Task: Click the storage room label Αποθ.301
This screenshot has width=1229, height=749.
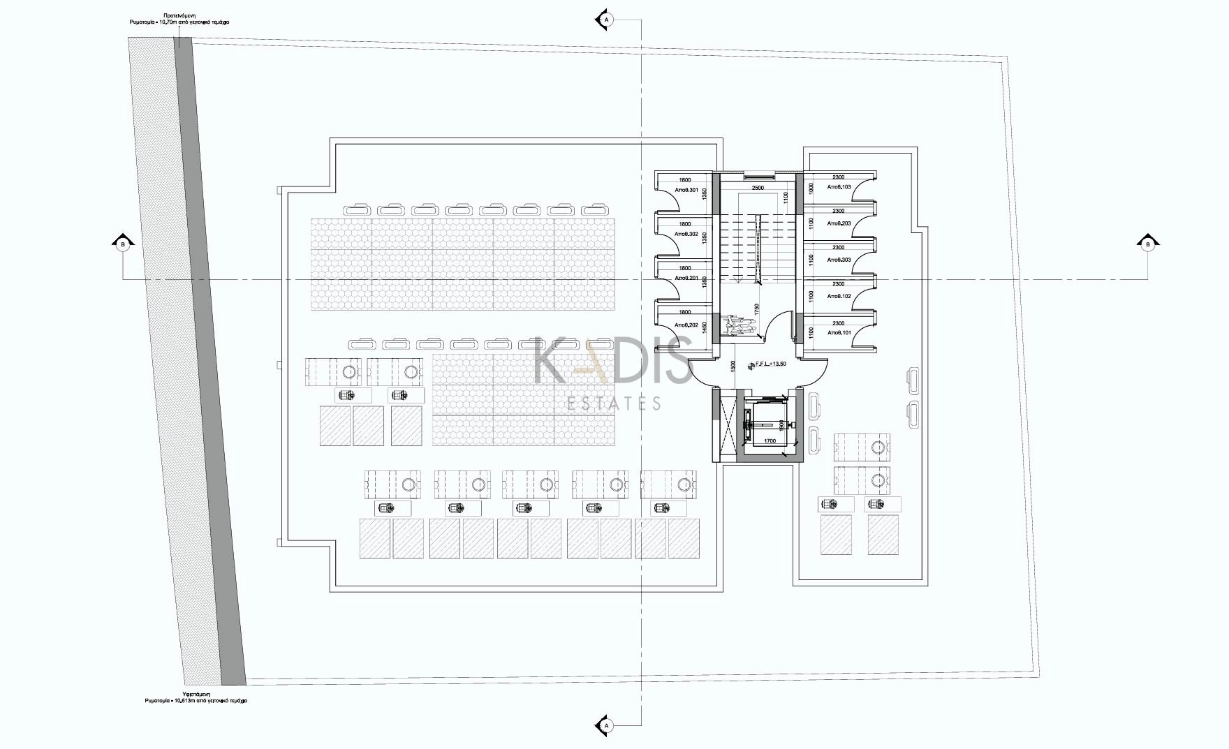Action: click(686, 190)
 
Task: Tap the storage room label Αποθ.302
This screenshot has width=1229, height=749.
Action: click(686, 234)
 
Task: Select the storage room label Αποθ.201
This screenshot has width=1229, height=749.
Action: click(686, 278)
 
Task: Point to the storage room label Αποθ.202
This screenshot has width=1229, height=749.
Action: click(686, 325)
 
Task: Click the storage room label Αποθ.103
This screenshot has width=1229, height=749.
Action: click(839, 187)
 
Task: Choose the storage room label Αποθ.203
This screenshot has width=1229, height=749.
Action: click(839, 223)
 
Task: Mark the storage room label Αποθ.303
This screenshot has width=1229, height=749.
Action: click(839, 260)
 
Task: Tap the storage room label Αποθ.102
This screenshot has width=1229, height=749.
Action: click(839, 296)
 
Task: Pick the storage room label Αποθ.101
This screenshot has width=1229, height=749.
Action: click(839, 332)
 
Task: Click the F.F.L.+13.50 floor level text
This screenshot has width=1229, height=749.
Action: click(770, 364)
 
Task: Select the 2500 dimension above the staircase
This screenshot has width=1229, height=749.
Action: click(758, 188)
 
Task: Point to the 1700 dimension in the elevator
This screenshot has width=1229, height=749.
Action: click(770, 441)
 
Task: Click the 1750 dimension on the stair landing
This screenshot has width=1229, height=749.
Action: click(757, 309)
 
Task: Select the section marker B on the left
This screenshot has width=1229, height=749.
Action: click(123, 244)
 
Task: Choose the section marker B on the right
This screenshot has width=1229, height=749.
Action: click(1147, 244)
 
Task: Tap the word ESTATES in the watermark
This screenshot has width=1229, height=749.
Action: click(614, 403)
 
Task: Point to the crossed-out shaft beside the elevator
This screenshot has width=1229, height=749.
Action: click(726, 425)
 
